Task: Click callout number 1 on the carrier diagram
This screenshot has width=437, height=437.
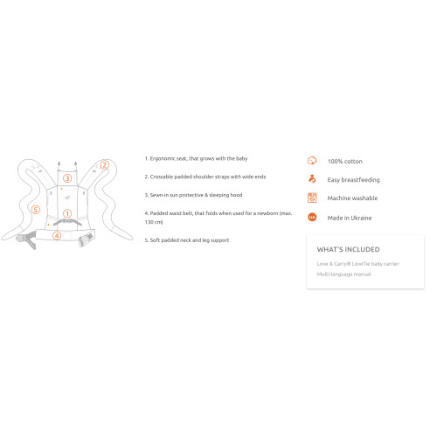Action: pyautogui.click(x=67, y=213)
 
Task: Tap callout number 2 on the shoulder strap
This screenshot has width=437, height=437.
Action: pyautogui.click(x=105, y=165)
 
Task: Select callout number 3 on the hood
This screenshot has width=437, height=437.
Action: pyautogui.click(x=67, y=178)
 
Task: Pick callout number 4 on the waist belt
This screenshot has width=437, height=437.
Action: pyautogui.click(x=57, y=235)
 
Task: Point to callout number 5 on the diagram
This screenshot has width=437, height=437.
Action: pyautogui.click(x=36, y=210)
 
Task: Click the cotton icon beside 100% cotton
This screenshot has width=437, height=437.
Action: pyautogui.click(x=312, y=161)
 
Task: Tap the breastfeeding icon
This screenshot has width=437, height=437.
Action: pyautogui.click(x=312, y=179)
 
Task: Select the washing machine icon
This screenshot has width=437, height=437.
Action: pyautogui.click(x=312, y=198)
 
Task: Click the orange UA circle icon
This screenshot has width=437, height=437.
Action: pyautogui.click(x=312, y=217)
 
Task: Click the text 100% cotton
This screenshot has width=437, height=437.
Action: pyautogui.click(x=345, y=162)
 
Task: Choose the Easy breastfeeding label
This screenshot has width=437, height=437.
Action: pyautogui.click(x=353, y=180)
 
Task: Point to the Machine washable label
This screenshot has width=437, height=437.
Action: pyautogui.click(x=352, y=198)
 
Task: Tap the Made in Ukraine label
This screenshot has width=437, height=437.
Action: pyautogui.click(x=350, y=218)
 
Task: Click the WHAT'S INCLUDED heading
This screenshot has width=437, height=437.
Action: pyautogui.click(x=349, y=249)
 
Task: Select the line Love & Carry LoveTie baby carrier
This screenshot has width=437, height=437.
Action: pyautogui.click(x=358, y=264)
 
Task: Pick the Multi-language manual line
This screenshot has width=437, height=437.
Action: pyautogui.click(x=344, y=274)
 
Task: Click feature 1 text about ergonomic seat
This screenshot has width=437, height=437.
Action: pyautogui.click(x=196, y=158)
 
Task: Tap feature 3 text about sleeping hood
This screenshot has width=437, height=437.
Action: pyautogui.click(x=193, y=195)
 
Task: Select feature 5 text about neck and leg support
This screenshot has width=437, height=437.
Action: pyautogui.click(x=187, y=240)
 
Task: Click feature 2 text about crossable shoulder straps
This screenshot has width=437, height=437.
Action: pyautogui.click(x=205, y=177)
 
